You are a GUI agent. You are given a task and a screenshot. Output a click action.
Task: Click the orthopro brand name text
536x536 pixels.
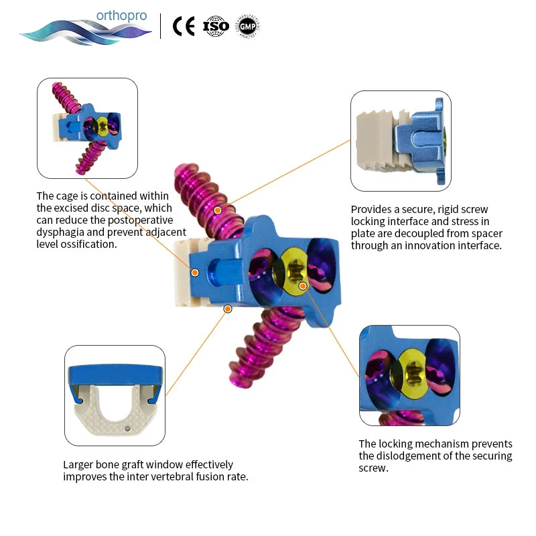(121, 15)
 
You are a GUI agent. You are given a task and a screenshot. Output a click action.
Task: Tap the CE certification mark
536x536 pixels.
(184, 26)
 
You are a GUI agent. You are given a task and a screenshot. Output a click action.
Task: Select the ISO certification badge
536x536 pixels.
(216, 26)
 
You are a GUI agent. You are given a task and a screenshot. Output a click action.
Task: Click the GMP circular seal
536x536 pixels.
(247, 26)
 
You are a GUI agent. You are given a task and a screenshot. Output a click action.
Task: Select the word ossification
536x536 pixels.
(90, 244)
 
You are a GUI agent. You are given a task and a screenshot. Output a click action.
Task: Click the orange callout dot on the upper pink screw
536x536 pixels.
(217, 210)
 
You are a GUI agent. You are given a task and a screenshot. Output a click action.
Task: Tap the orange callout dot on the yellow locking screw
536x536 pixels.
(303, 286)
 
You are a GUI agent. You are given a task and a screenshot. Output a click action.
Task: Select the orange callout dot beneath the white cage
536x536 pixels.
(228, 309)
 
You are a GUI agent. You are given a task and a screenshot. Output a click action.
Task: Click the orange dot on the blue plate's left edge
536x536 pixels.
(195, 272)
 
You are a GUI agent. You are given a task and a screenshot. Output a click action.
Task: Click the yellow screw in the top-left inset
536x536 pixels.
(102, 125)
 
